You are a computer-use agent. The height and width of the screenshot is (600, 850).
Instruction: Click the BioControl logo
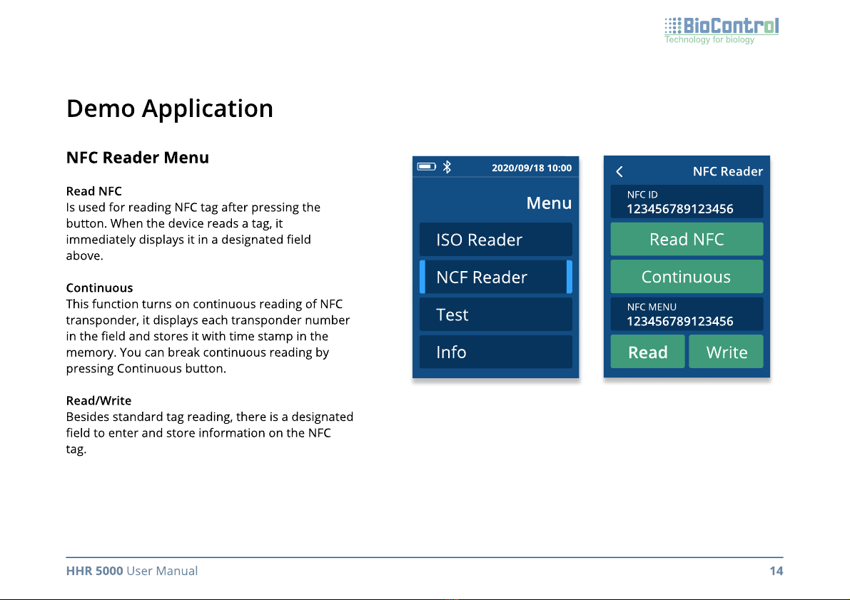722,31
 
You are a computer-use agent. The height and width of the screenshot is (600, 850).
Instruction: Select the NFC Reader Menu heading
138,158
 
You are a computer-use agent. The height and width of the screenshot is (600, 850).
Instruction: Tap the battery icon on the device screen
427,166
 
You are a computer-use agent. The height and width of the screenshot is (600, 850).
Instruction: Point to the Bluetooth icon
447,167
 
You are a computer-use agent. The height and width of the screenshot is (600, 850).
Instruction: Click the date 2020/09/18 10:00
531,168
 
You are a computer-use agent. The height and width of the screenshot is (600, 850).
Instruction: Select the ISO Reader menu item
495,240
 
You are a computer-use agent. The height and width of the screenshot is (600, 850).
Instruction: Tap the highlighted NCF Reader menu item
495,277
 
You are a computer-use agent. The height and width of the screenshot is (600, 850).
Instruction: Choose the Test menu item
495,315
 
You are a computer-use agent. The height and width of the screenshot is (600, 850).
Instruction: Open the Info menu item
495,352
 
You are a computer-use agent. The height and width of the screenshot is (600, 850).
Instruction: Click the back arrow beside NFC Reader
619,172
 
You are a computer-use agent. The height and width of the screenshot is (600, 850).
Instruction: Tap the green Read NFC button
687,239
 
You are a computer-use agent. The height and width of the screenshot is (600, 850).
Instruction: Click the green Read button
648,352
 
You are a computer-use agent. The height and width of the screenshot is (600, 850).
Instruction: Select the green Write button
726,352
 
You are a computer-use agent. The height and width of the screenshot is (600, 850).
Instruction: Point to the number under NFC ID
679,209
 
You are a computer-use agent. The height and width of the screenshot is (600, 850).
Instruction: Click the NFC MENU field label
652,307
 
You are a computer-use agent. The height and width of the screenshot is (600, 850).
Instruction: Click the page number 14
776,571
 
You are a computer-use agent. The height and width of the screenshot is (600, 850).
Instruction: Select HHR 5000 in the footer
94,571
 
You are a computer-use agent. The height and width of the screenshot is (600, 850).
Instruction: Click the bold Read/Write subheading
98,400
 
